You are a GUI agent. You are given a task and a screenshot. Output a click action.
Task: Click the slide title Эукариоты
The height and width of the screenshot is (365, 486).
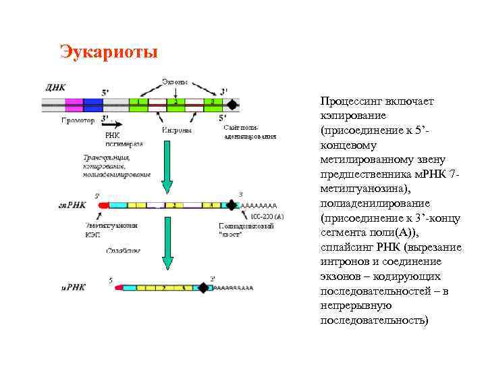pos(109,52)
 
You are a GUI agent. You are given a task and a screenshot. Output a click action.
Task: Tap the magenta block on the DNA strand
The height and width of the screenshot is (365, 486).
pos(74,104)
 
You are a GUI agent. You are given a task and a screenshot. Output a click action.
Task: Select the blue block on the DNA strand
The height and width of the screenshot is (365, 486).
pos(93,104)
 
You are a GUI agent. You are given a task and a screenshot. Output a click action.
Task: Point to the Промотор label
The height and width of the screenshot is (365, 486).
pos(78,121)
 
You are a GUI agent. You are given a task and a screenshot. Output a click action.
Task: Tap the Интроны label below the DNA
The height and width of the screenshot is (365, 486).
pos(177,130)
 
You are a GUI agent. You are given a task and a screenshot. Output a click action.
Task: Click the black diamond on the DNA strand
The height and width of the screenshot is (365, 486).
pos(232,104)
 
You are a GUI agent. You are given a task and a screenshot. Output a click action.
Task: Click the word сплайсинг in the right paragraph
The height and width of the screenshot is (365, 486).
pos(348,247)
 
